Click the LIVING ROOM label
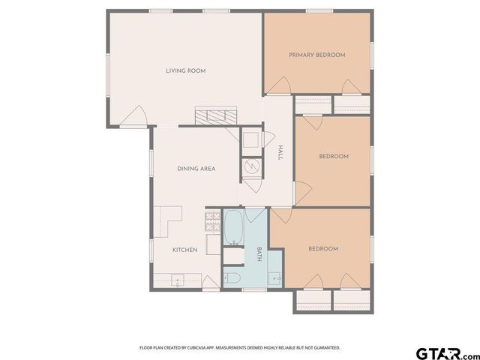click(185, 71)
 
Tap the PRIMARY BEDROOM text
click(317, 55)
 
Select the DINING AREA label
click(196, 169)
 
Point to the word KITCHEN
click(184, 250)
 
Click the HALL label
click(280, 152)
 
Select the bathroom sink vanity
click(275, 277)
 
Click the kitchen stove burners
click(211, 220)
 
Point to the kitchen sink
click(178, 280)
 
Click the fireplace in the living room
click(216, 116)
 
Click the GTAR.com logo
click(447, 352)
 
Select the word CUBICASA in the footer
click(207, 348)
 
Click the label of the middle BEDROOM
click(334, 157)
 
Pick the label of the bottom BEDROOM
click(323, 249)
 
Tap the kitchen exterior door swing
click(211, 283)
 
